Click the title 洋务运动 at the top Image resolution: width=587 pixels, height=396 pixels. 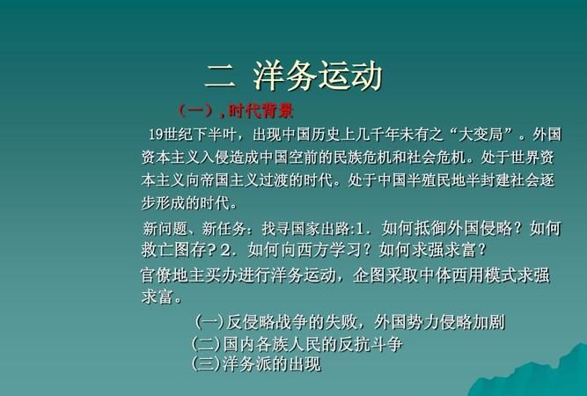pyautogui.click(x=318, y=77)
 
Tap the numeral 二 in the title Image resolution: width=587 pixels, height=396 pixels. pyautogui.click(x=220, y=77)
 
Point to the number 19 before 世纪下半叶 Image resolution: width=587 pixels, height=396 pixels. pyautogui.click(x=156, y=136)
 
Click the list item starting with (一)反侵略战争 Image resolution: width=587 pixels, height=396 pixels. pyautogui.click(x=349, y=322)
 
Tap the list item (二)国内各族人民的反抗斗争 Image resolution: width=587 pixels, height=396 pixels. pyautogui.click(x=297, y=344)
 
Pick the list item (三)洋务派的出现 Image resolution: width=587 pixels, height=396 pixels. pyautogui.click(x=255, y=363)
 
